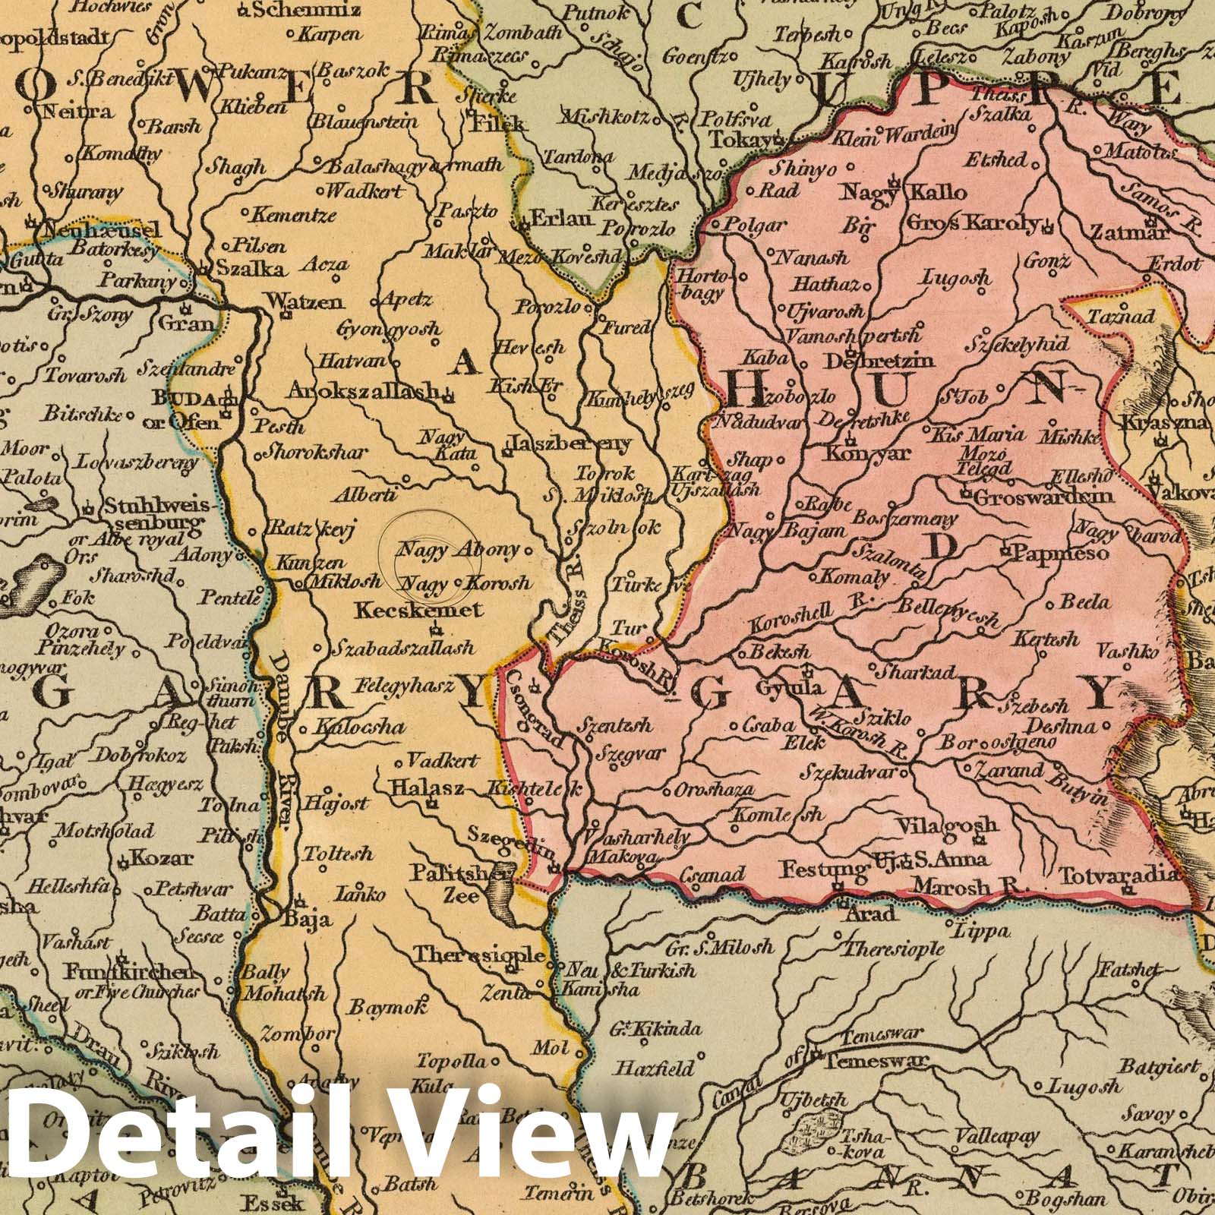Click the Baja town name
tap(308, 921)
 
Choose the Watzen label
tap(301, 301)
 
